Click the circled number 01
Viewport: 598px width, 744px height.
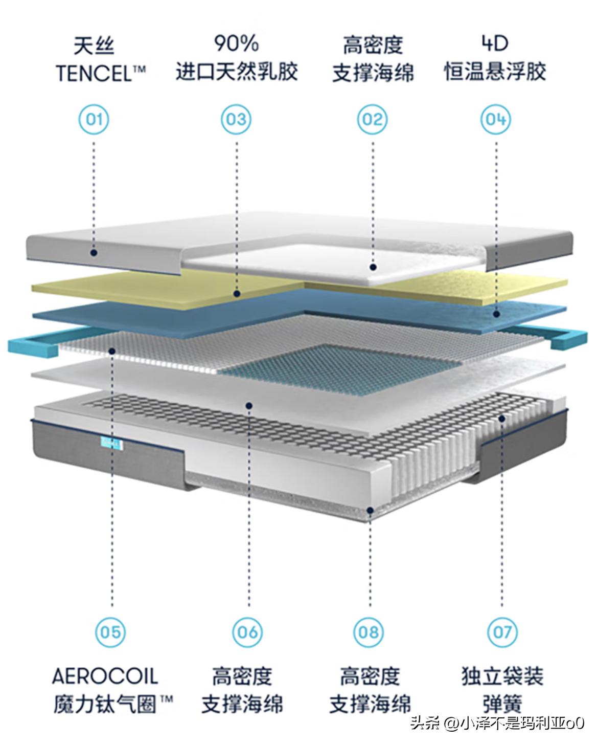pyautogui.click(x=94, y=120)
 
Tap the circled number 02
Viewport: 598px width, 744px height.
pyautogui.click(x=372, y=120)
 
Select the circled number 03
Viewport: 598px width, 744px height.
pyautogui.click(x=236, y=120)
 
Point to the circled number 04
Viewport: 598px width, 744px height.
pyautogui.click(x=495, y=120)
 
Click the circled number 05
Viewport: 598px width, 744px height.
pyautogui.click(x=110, y=632)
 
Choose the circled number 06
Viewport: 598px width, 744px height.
pyautogui.click(x=247, y=632)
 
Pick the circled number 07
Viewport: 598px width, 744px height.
pyautogui.click(x=502, y=632)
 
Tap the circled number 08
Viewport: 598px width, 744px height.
pyautogui.click(x=369, y=632)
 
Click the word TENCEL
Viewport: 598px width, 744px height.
pyautogui.click(x=94, y=73)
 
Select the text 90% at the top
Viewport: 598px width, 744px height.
pyautogui.click(x=237, y=43)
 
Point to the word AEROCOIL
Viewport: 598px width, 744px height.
pyautogui.click(x=105, y=676)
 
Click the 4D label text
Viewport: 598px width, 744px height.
pyautogui.click(x=495, y=43)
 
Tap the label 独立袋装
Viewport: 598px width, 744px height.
pyautogui.click(x=502, y=676)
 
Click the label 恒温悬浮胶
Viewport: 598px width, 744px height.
pyautogui.click(x=495, y=72)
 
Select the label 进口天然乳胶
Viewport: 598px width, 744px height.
pyautogui.click(x=237, y=72)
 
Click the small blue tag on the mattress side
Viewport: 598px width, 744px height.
pyautogui.click(x=112, y=444)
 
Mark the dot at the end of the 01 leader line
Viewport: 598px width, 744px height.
pyautogui.click(x=94, y=253)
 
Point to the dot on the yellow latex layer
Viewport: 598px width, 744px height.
pyautogui.click(x=237, y=294)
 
